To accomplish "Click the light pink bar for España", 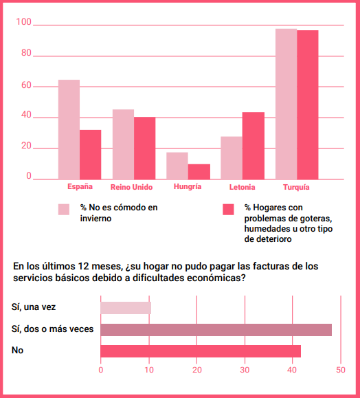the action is [69, 130].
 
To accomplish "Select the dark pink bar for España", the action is [90, 155].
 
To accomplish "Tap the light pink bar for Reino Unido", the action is [123, 144].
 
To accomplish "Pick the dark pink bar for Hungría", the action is [199, 172].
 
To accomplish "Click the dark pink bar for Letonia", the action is [254, 146].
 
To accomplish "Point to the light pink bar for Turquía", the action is [286, 104].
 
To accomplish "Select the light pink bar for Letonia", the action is [232, 158].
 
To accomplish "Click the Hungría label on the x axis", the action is [188, 186].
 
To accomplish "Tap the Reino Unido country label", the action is [131, 188].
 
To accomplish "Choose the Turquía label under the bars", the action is [296, 188].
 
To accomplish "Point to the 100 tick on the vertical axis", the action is [23, 22].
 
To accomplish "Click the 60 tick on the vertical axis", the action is [26, 85].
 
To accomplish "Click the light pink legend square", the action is [64, 210].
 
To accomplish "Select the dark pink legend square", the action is [228, 210].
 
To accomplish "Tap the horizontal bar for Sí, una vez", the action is [126, 308].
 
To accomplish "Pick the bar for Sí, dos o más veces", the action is [216, 330].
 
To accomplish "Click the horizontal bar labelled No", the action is [201, 351].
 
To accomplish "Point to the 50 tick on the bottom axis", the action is [341, 370].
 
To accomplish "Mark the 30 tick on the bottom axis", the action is [245, 370].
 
